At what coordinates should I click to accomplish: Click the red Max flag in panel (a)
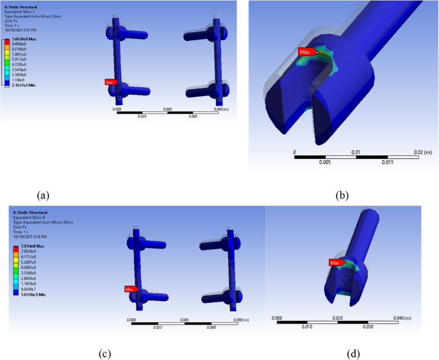(110, 82)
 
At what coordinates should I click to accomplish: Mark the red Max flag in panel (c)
(131, 289)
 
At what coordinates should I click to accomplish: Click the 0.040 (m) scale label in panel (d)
(417, 318)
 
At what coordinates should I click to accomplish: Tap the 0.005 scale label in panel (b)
(326, 163)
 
